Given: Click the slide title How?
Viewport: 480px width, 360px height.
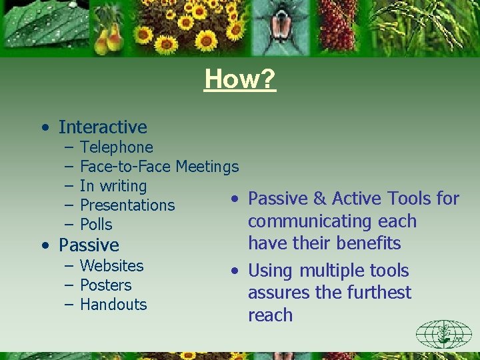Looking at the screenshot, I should [240, 79].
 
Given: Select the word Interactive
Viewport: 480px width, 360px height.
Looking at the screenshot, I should [103, 127].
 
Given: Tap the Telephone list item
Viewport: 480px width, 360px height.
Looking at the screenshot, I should [116, 147].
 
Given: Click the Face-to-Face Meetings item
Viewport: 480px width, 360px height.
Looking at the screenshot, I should [159, 167].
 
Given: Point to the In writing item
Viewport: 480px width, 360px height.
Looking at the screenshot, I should [113, 186].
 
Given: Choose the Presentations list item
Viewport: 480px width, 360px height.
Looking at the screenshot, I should [127, 205].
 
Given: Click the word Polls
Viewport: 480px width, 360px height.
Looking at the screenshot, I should [96, 225].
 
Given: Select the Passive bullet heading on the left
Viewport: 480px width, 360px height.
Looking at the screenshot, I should [89, 245].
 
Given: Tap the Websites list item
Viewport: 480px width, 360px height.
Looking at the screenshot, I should [111, 265].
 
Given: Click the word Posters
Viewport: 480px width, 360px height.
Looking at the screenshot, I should [105, 285].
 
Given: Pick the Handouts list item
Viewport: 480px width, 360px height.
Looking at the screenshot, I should [113, 304].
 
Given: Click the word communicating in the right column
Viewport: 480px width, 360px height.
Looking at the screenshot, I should [313, 221].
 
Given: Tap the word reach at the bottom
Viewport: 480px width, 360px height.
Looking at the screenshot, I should [270, 315].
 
